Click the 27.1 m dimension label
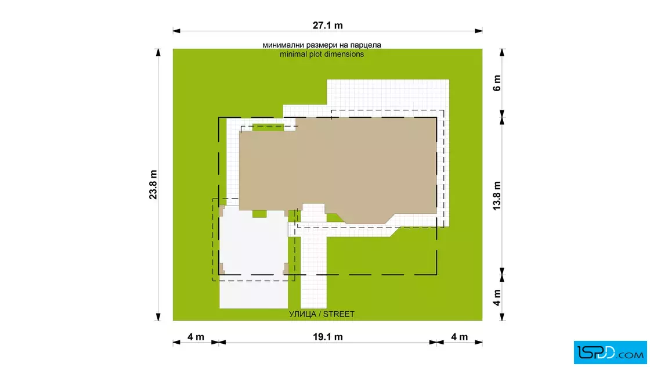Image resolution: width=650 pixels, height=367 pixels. pyautogui.click(x=327, y=26)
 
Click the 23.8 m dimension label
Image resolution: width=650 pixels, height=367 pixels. pyautogui.click(x=153, y=185)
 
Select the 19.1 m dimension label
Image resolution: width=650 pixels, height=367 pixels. pyautogui.click(x=327, y=337)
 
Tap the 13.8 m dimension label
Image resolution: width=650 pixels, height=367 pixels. pyautogui.click(x=497, y=196)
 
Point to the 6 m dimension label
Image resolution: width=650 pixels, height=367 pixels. pyautogui.click(x=497, y=83)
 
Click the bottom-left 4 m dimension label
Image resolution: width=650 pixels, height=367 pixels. pyautogui.click(x=196, y=337)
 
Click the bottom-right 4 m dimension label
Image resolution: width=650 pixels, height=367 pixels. pyautogui.click(x=459, y=337)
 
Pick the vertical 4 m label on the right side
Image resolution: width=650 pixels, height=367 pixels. pyautogui.click(x=497, y=297)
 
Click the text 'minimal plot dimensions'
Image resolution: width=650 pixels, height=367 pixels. pyautogui.click(x=322, y=55)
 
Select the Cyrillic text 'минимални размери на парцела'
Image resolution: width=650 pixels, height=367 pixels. pyautogui.click(x=322, y=45)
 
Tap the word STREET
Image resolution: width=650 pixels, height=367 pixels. pyautogui.click(x=339, y=314)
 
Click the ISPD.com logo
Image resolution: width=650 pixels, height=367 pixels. pyautogui.click(x=610, y=352)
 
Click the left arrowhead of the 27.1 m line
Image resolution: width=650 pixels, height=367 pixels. pyautogui.click(x=176, y=31)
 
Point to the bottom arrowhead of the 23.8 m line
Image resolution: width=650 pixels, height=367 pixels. pyautogui.click(x=158, y=317)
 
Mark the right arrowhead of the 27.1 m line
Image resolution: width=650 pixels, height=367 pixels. pyautogui.click(x=478, y=31)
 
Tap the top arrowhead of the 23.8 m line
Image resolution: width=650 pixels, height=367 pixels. pyautogui.click(x=158, y=53)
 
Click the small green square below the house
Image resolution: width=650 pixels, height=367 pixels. pyautogui.click(x=259, y=214)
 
